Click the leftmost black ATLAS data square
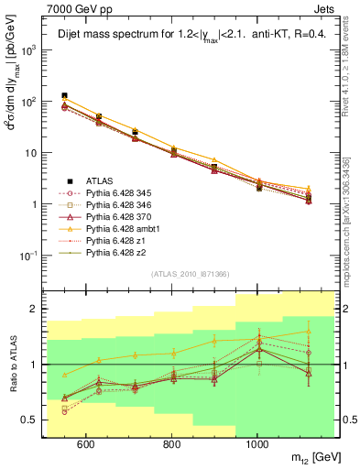[64, 95]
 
